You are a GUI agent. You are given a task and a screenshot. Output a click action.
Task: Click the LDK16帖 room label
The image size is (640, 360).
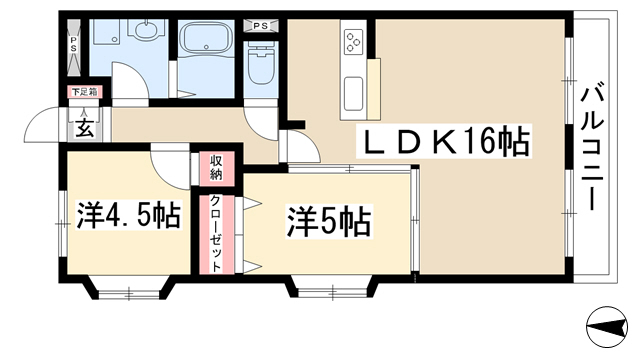pos(444,141)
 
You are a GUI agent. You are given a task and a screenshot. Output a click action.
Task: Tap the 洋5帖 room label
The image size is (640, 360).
pos(329,221)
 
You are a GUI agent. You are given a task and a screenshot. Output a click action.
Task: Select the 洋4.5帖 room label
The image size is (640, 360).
pos(129,215)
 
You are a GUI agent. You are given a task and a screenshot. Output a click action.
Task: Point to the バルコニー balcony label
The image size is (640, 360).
pos(592,146)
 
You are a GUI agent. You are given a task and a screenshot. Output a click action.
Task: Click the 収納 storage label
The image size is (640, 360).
pos(216,167)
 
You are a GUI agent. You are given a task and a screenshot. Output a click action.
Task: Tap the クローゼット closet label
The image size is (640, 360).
pos(216,234)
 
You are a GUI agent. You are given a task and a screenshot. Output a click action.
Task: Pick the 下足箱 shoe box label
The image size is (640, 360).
pos(85,92)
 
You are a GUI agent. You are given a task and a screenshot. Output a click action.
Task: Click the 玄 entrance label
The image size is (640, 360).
pos(85,129)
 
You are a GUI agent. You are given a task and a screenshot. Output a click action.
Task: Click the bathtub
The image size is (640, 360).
pos(205,38)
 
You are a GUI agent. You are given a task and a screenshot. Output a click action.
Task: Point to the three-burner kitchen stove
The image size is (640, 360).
pos(353,42)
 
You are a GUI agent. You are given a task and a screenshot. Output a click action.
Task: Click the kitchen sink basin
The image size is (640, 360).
pos(353,94)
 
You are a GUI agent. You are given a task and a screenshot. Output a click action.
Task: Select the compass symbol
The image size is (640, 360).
pos(607,327)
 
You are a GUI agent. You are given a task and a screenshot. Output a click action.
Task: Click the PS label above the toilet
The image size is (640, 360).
pos(260,26)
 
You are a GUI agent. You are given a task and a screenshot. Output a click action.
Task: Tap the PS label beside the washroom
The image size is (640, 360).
pos(73,44)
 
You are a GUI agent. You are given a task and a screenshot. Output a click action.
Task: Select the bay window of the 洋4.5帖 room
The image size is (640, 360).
pos(129,290)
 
